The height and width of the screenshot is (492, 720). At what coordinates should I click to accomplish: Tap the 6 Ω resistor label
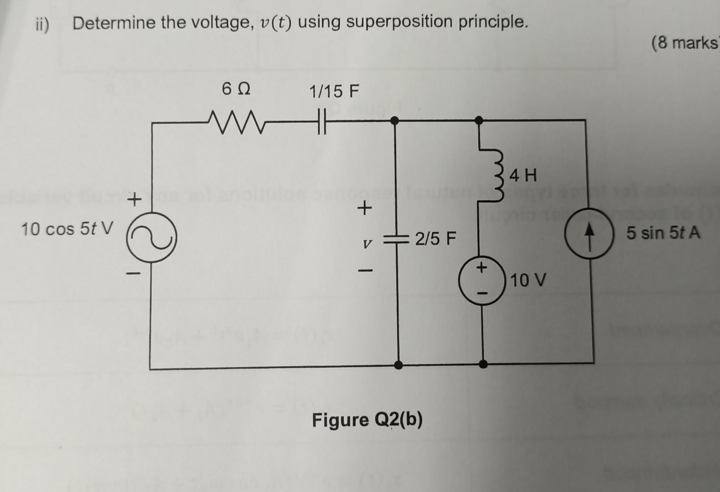point(236,89)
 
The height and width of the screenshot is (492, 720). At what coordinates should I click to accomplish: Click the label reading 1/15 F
point(334,92)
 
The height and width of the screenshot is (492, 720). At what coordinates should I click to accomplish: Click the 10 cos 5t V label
point(66,229)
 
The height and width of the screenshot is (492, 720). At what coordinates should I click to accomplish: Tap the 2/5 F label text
point(435,238)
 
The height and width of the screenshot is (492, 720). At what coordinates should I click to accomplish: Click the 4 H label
point(523,175)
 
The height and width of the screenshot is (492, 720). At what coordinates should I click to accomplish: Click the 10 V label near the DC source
point(527,280)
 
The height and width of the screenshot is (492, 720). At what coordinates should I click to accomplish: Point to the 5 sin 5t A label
point(663,233)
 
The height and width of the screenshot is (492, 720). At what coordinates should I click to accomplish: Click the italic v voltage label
point(365,244)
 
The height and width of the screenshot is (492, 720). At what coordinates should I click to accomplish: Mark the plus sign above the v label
point(363,209)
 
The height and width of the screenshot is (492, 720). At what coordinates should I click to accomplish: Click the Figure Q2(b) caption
point(367,420)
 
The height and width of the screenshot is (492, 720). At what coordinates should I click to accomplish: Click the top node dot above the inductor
point(479,120)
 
